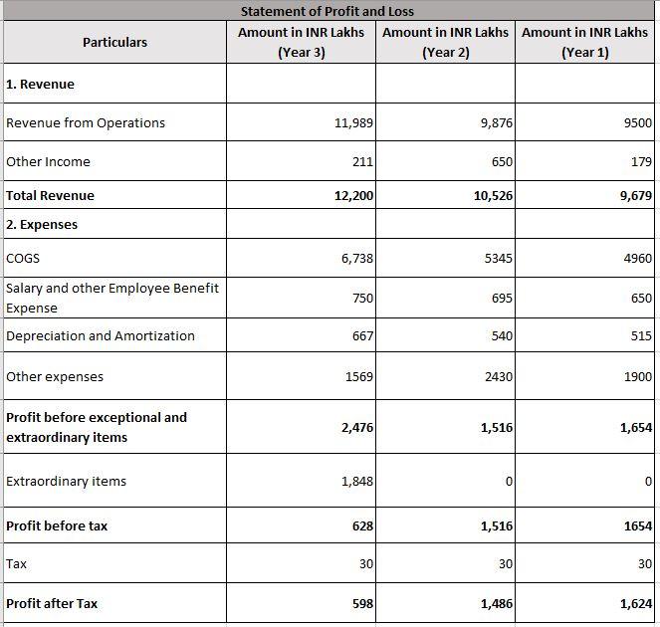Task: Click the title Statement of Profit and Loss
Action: (327, 11)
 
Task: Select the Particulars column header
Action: (114, 42)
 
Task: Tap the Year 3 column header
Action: (301, 42)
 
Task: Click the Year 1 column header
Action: (584, 42)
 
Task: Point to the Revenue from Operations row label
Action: (86, 122)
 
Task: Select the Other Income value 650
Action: (502, 161)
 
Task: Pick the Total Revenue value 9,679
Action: (635, 196)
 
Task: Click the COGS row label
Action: (23, 258)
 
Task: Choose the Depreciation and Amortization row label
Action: (101, 335)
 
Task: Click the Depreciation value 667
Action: (362, 336)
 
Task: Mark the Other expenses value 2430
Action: (498, 377)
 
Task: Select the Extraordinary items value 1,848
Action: (357, 482)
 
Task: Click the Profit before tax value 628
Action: (362, 525)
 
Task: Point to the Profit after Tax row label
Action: (52, 603)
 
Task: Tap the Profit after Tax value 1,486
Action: (497, 603)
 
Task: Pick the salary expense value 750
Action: (362, 298)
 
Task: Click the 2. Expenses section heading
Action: (42, 224)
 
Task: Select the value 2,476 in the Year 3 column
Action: (356, 428)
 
